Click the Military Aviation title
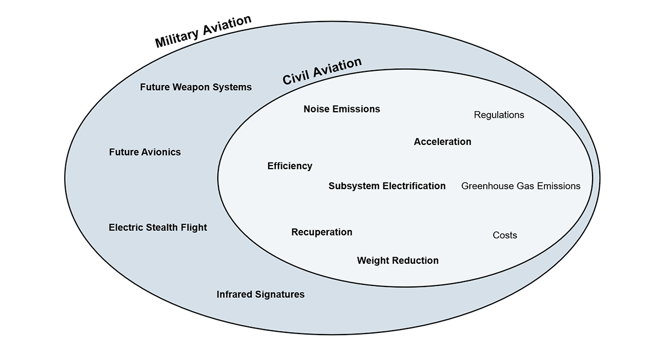pos(203,32)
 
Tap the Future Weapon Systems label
pos(196,87)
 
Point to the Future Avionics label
pos(145,152)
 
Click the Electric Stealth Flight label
pos(158,227)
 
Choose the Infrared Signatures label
pos(260,295)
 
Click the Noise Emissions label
pos(342,109)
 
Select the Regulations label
pos(499,115)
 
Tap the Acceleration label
pos(442,142)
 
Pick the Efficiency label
pos(290,166)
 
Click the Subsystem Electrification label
pos(387,186)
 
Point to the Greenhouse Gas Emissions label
pos(521,186)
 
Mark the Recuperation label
pos(322,232)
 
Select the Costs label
pos(505,236)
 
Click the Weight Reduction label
pos(397,260)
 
